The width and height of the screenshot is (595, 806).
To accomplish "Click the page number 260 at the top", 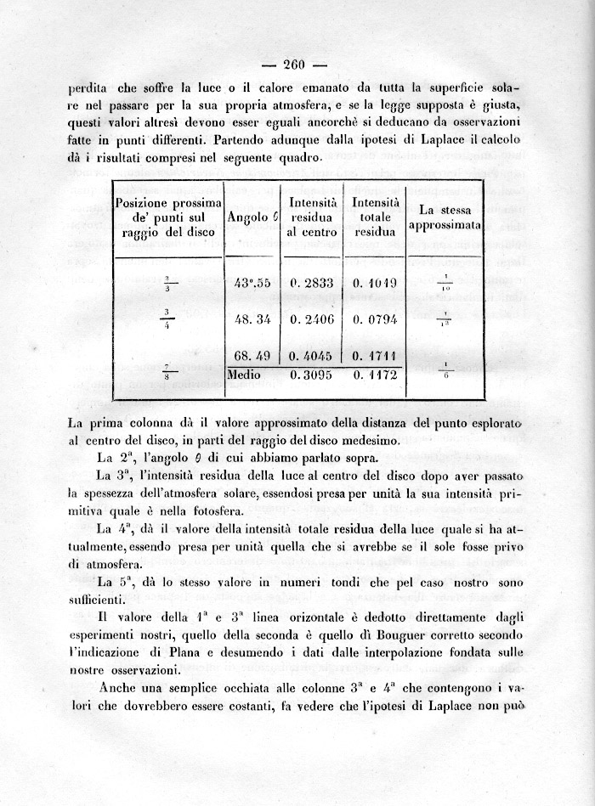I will [x=294, y=65].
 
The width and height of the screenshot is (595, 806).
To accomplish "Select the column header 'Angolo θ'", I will [x=253, y=217].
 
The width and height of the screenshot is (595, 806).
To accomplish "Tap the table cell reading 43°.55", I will [x=252, y=284].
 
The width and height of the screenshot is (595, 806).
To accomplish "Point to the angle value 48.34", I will [x=252, y=318].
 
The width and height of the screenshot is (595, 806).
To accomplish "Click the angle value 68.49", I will [x=252, y=356].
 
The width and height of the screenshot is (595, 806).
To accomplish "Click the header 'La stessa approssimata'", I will [x=445, y=217].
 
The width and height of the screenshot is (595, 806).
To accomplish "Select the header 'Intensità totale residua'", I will [x=375, y=217].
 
